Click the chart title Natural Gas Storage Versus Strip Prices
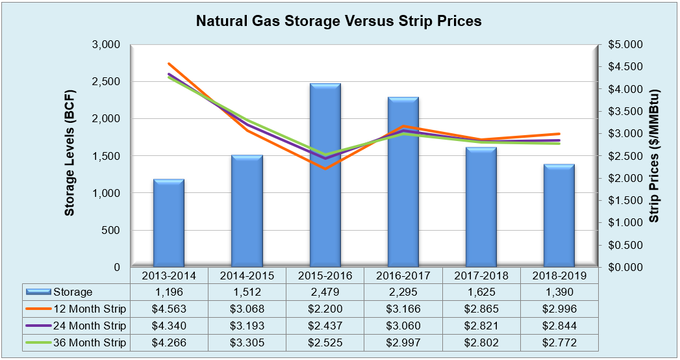coord(339,21)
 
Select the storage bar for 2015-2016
coord(325,175)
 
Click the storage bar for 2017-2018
coord(481,207)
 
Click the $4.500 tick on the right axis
coord(624,67)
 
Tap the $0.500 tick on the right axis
coord(624,246)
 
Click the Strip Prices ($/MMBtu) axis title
coord(654,156)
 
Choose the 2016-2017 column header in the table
coord(403,276)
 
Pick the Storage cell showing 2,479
coord(325,292)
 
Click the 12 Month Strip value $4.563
coord(169,309)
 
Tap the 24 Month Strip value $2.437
coord(325,326)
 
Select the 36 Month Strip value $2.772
coord(559,342)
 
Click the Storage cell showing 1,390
coord(559,292)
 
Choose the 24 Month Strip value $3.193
coord(247,326)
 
